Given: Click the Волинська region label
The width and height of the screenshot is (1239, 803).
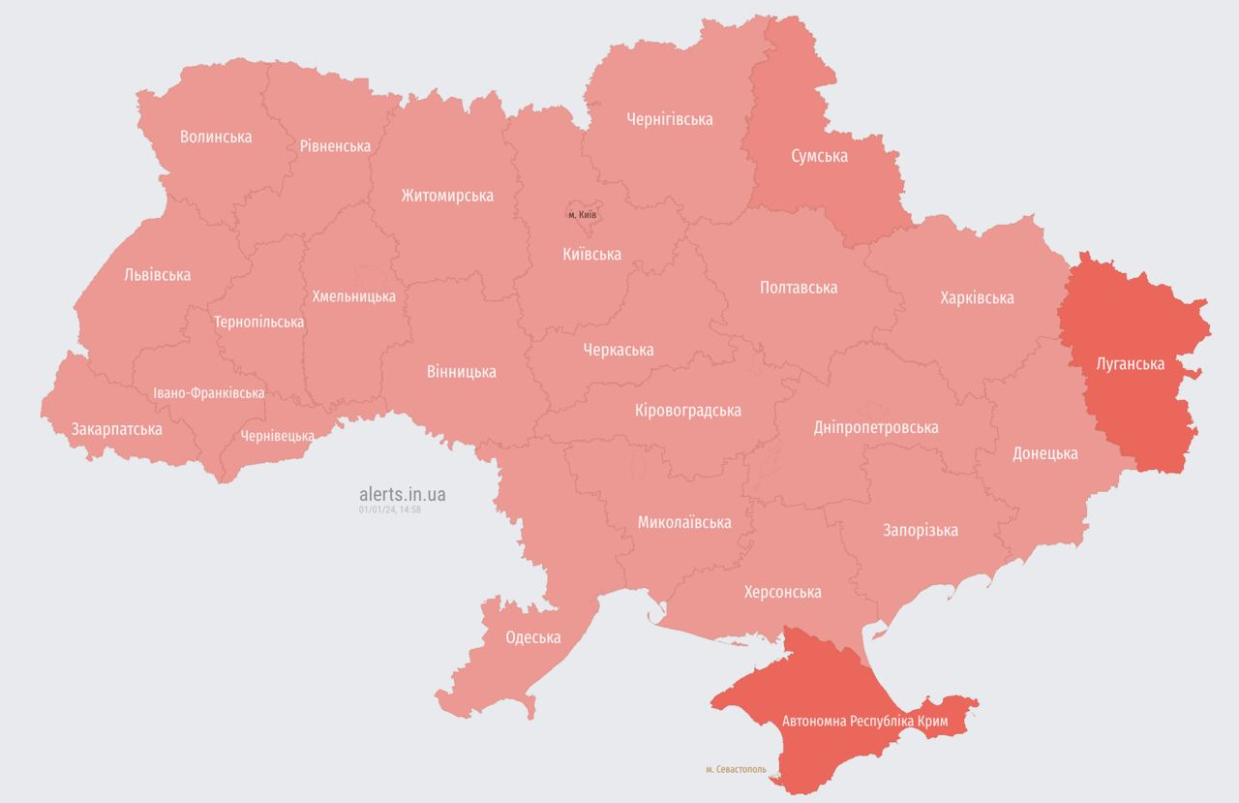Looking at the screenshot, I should click(x=216, y=137).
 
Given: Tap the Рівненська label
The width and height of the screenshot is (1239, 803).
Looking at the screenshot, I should click(x=335, y=146).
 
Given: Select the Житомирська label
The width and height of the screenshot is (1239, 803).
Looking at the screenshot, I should click(x=447, y=196).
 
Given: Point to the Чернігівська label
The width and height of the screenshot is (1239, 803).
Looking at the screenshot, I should click(x=669, y=119).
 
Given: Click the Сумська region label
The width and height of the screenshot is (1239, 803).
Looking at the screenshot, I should click(x=819, y=156).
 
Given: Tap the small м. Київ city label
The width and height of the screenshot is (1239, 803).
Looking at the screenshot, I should click(x=582, y=214).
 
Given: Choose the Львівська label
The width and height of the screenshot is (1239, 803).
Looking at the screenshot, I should click(x=158, y=275).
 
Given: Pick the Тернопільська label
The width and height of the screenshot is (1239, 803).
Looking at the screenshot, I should click(x=258, y=322).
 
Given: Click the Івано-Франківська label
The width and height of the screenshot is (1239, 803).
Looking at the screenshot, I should click(x=209, y=393).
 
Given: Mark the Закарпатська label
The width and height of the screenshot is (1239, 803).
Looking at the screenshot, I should click(x=116, y=428).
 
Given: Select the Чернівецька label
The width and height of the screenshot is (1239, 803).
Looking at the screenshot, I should click(x=278, y=436).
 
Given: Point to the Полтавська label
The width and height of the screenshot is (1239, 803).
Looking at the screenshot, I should click(x=799, y=288).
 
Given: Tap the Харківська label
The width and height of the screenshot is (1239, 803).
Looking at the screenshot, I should click(x=977, y=297).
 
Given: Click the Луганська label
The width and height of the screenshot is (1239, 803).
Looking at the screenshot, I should click(x=1130, y=365).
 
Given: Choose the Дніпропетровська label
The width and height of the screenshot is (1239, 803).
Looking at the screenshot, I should click(x=875, y=427).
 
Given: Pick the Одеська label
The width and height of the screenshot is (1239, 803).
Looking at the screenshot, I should click(x=532, y=637).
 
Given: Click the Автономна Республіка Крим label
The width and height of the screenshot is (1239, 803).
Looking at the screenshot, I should click(x=863, y=723).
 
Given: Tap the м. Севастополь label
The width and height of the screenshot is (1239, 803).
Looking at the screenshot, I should click(x=736, y=770).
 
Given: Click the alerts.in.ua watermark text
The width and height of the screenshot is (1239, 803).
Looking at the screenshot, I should click(x=402, y=494).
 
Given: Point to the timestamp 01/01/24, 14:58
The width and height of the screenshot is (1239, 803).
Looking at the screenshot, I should click(x=389, y=509).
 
